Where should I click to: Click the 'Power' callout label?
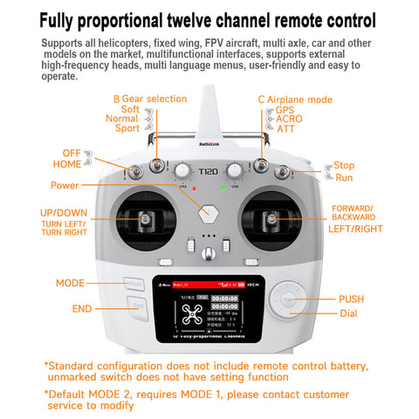(x=64, y=185)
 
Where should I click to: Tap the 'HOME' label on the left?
(x=66, y=163)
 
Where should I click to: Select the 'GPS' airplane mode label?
(x=285, y=111)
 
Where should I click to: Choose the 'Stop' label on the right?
(x=344, y=165)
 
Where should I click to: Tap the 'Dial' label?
(x=348, y=313)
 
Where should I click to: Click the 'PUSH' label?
(x=352, y=299)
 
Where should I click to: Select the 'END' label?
(x=82, y=309)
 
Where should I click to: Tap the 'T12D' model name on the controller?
(x=209, y=172)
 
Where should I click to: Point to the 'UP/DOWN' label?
(x=63, y=212)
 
